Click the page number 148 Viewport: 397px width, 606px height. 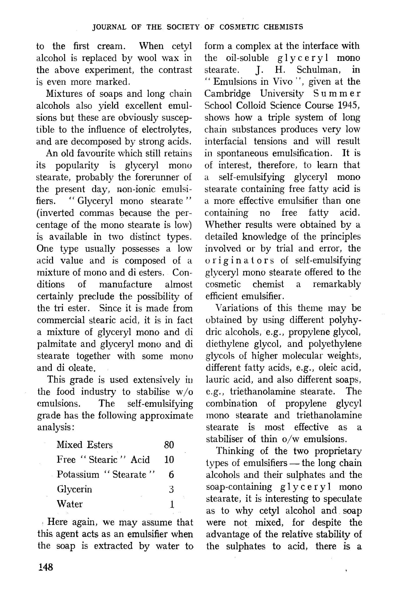46,567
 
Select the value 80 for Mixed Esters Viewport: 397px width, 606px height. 169,445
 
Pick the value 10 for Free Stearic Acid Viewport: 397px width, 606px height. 169,460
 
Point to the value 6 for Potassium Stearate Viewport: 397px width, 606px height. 171,474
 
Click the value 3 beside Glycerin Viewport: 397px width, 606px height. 171,489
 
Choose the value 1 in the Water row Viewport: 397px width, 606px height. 172,504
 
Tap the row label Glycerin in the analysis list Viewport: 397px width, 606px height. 74,489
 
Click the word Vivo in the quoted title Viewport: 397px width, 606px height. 282,82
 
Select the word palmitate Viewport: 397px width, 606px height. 56,344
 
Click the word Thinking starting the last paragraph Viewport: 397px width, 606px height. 235,451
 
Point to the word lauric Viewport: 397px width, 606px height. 217,380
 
